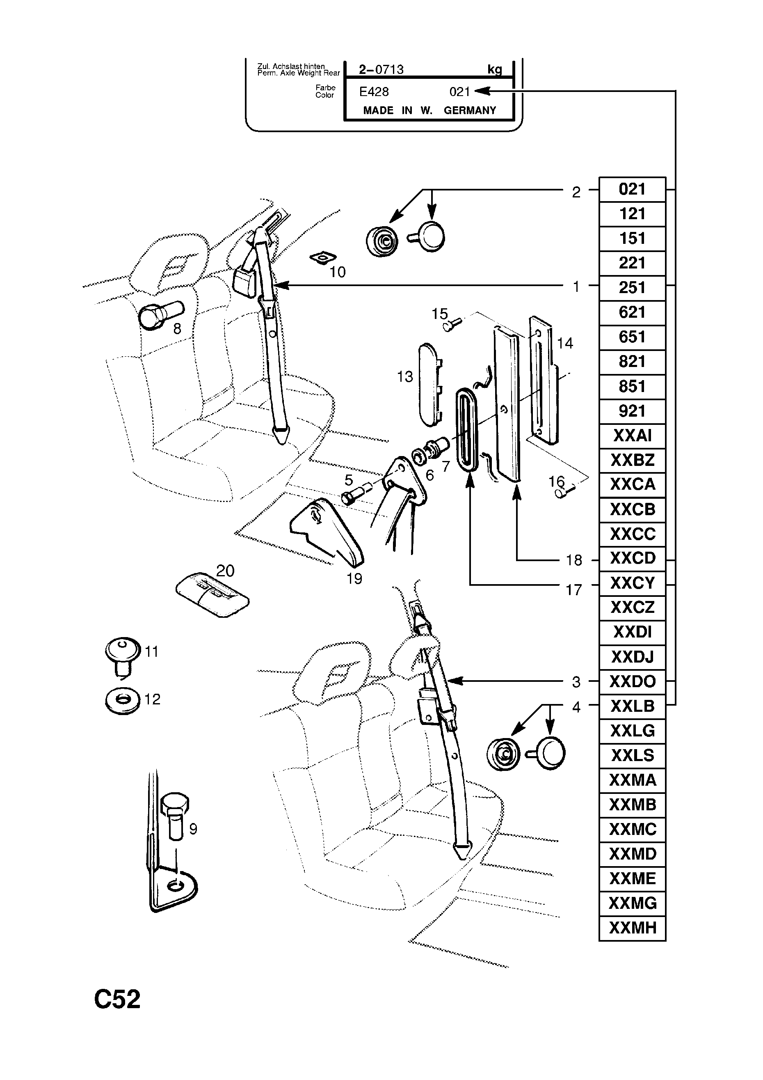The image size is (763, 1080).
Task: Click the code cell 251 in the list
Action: [x=632, y=288]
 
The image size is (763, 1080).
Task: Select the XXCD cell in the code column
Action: [x=632, y=558]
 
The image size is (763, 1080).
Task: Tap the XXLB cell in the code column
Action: [x=632, y=706]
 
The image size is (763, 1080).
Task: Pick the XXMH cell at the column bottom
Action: [x=632, y=928]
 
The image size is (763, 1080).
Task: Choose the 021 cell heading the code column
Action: [x=632, y=190]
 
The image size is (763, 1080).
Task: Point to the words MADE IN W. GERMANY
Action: [x=429, y=110]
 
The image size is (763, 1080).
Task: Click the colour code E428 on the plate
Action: [x=374, y=92]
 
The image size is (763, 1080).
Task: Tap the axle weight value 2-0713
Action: [x=381, y=70]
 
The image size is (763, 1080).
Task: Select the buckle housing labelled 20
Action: [x=212, y=594]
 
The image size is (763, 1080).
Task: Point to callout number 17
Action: [x=573, y=590]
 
